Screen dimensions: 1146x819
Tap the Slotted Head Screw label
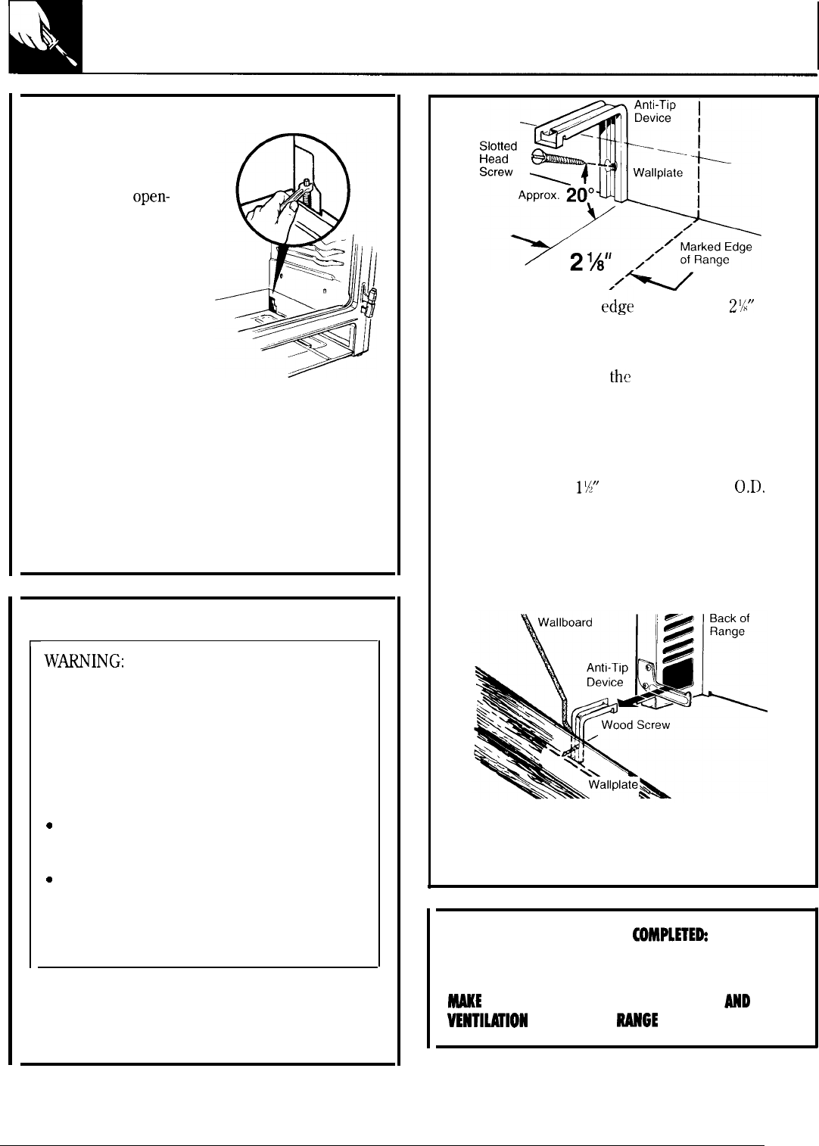click(497, 159)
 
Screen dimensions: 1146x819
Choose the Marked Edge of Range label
click(715, 254)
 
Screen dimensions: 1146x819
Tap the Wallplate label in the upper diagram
click(658, 173)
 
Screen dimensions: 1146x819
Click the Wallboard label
click(565, 622)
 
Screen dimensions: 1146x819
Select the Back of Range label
click(729, 625)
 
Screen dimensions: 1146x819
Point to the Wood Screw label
click(635, 725)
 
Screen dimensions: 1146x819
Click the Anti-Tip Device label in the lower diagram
click(607, 674)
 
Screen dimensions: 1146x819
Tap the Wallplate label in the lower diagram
click(613, 785)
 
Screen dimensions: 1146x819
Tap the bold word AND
click(736, 1001)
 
